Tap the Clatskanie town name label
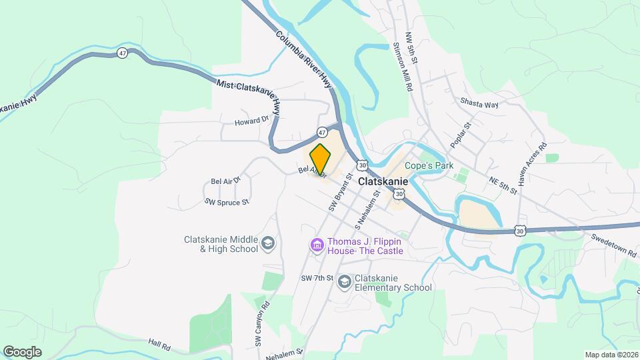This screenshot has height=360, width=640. click(386, 181)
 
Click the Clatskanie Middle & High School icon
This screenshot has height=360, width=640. click(268, 244)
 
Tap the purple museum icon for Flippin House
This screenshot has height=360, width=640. click(316, 246)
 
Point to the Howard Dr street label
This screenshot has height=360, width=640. click(251, 121)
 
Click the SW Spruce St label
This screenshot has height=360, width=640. click(226, 201)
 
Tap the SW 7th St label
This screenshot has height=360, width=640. click(316, 278)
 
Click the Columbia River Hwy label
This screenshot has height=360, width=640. click(303, 59)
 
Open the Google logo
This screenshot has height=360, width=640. click(23, 351)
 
